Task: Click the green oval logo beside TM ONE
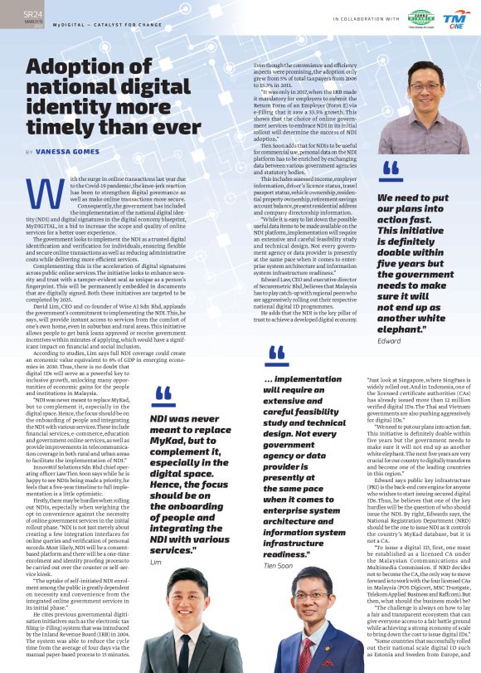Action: click(420, 17)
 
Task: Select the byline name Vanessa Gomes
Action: click(61, 153)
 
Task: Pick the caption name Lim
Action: click(155, 562)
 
